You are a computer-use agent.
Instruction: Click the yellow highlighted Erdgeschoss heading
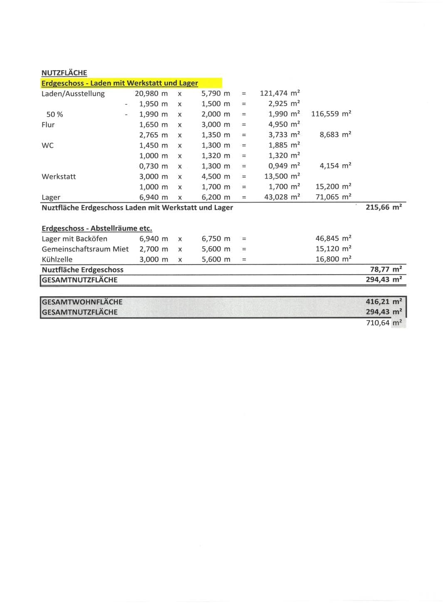[120, 83]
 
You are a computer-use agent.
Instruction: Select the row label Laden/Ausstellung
[73, 94]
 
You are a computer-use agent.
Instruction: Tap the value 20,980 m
[151, 94]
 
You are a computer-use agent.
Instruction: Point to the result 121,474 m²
[280, 93]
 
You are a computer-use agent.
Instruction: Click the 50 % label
[55, 114]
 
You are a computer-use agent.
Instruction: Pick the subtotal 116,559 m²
[331, 114]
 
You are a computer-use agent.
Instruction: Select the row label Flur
[48, 125]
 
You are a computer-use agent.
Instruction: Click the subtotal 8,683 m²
[335, 135]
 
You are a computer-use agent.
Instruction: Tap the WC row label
[48, 146]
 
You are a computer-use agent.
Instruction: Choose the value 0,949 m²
[284, 166]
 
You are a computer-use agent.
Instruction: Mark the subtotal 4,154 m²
[335, 166]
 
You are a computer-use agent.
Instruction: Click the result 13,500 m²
[282, 176]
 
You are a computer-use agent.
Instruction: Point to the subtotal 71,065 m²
[333, 197]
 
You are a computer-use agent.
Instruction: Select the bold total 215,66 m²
[383, 207]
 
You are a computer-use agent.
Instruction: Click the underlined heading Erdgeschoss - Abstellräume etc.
[97, 228]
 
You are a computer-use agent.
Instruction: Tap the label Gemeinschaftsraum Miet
[85, 249]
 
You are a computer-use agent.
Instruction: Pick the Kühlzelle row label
[57, 260]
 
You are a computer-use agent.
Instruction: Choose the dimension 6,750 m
[216, 239]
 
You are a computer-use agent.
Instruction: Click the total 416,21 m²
[383, 302]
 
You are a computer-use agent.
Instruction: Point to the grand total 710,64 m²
[383, 323]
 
